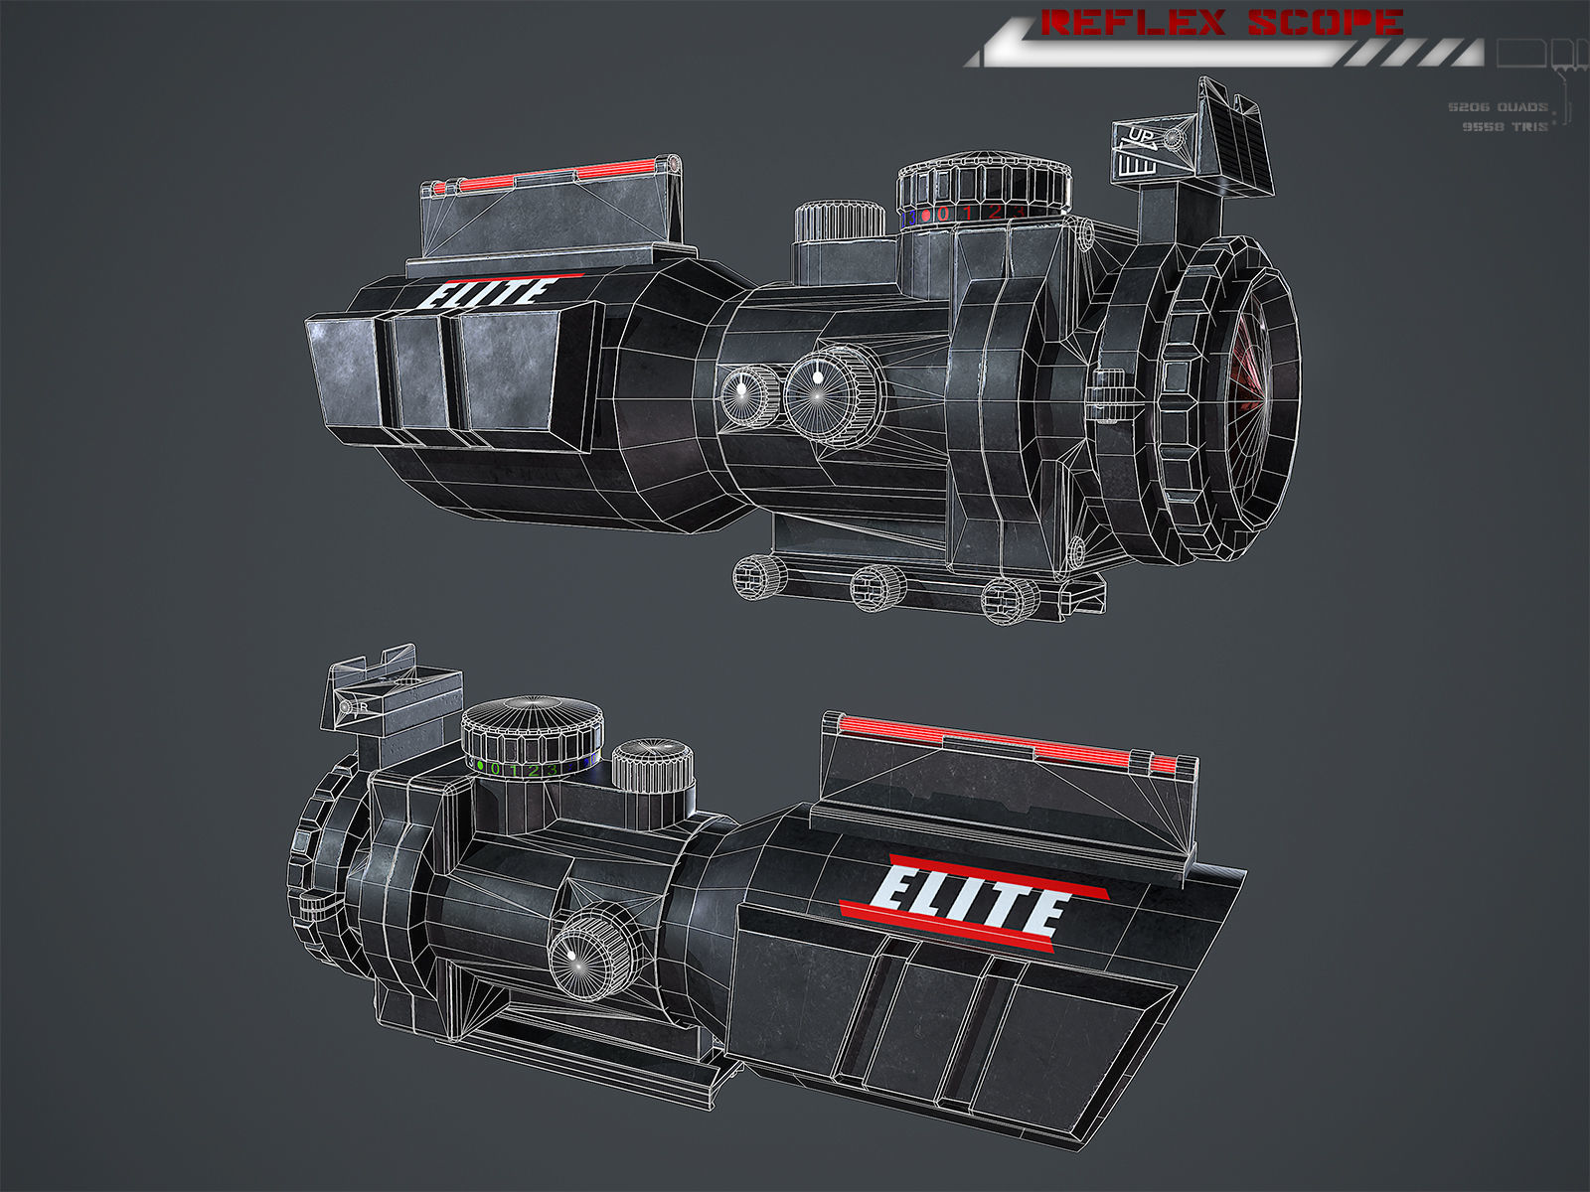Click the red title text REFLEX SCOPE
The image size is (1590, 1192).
(x=1221, y=22)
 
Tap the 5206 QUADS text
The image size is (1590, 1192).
(x=1497, y=106)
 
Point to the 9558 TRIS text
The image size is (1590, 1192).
(x=1505, y=126)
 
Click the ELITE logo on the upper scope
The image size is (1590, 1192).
(x=487, y=292)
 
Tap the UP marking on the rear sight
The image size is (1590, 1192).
(x=1139, y=137)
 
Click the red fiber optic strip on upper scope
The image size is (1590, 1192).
(x=556, y=176)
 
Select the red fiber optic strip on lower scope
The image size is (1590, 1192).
(x=1004, y=739)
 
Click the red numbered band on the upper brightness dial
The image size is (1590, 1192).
(x=974, y=213)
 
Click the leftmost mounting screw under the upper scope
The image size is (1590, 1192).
(x=758, y=576)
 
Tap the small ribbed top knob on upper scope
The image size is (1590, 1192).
(x=840, y=221)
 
